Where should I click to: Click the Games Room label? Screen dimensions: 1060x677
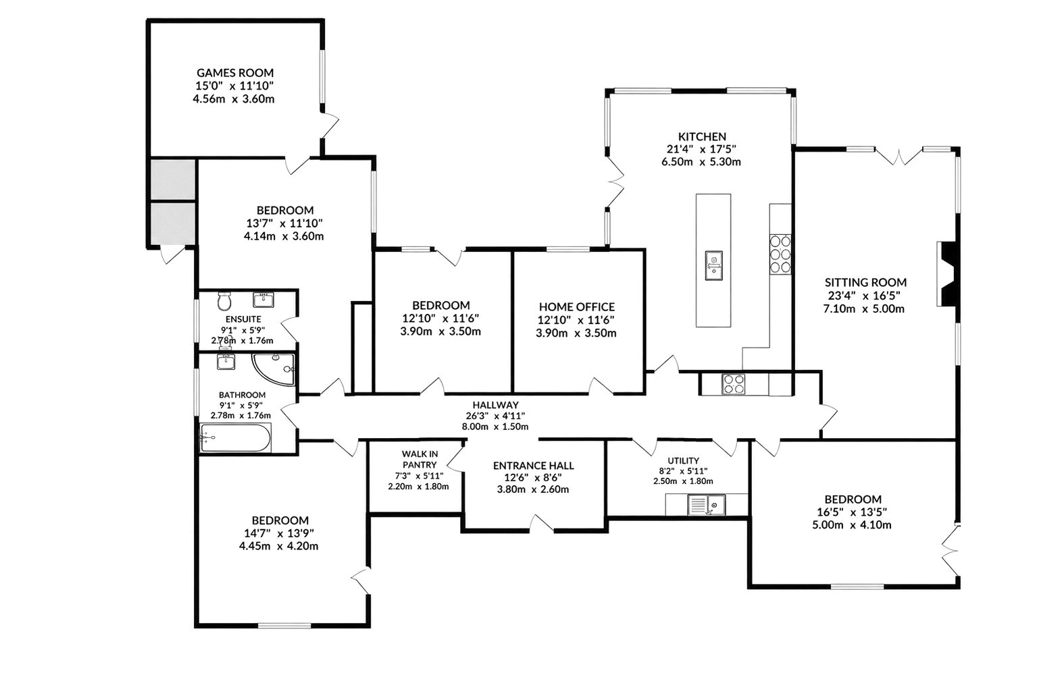tap(235, 73)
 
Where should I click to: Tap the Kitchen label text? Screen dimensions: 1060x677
tap(702, 136)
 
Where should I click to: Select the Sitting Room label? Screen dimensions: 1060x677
tap(866, 283)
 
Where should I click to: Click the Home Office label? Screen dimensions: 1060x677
tap(577, 307)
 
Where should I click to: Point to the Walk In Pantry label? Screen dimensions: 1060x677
tap(420, 460)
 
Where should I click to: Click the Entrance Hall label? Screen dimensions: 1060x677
tap(534, 466)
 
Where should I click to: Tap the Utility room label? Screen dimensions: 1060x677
tap(683, 460)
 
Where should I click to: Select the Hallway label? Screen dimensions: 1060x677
tap(495, 405)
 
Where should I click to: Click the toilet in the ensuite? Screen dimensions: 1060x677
tap(224, 300)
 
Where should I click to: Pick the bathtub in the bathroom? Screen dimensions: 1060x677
tap(235, 438)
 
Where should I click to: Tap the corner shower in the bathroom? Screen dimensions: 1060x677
tap(274, 369)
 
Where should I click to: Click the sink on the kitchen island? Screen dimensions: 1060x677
tap(713, 265)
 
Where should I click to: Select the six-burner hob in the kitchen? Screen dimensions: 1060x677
tap(780, 254)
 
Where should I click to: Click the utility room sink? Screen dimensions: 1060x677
tap(707, 505)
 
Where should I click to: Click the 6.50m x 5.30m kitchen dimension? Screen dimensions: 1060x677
tap(701, 162)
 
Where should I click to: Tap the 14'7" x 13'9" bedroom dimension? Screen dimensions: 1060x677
tap(279, 534)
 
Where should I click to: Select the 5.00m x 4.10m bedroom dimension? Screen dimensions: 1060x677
tap(852, 525)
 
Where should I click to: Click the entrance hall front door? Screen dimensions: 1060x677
tap(542, 524)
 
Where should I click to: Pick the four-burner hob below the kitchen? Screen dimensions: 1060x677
tap(734, 384)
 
